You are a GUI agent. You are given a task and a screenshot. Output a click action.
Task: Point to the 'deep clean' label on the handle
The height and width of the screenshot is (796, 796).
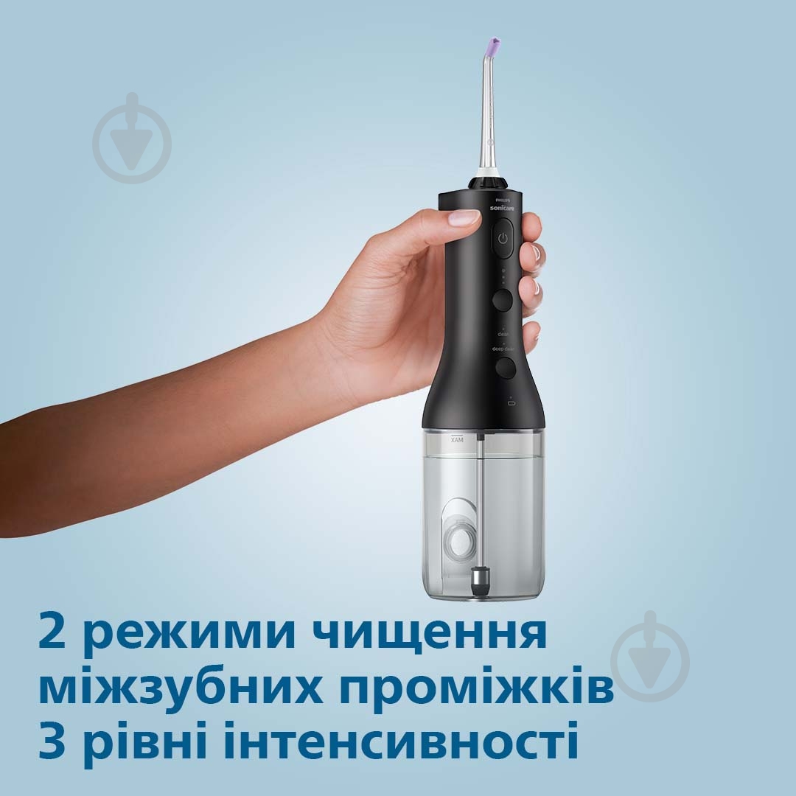[x=503, y=349]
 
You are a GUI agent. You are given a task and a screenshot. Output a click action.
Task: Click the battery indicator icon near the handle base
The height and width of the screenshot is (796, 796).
[x=512, y=403]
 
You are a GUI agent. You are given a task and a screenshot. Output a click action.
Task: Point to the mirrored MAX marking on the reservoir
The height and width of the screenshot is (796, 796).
[x=455, y=439]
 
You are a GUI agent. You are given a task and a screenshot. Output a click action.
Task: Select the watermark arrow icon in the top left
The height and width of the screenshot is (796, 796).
[x=133, y=139]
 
